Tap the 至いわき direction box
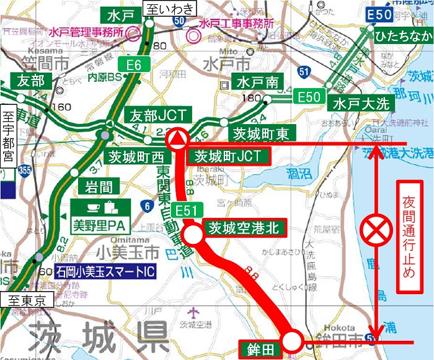coord(168,9)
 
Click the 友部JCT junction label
coord(151,115)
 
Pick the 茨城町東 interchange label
coord(260,132)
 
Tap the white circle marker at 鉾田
coord(292,340)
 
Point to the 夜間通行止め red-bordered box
coord(409,236)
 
